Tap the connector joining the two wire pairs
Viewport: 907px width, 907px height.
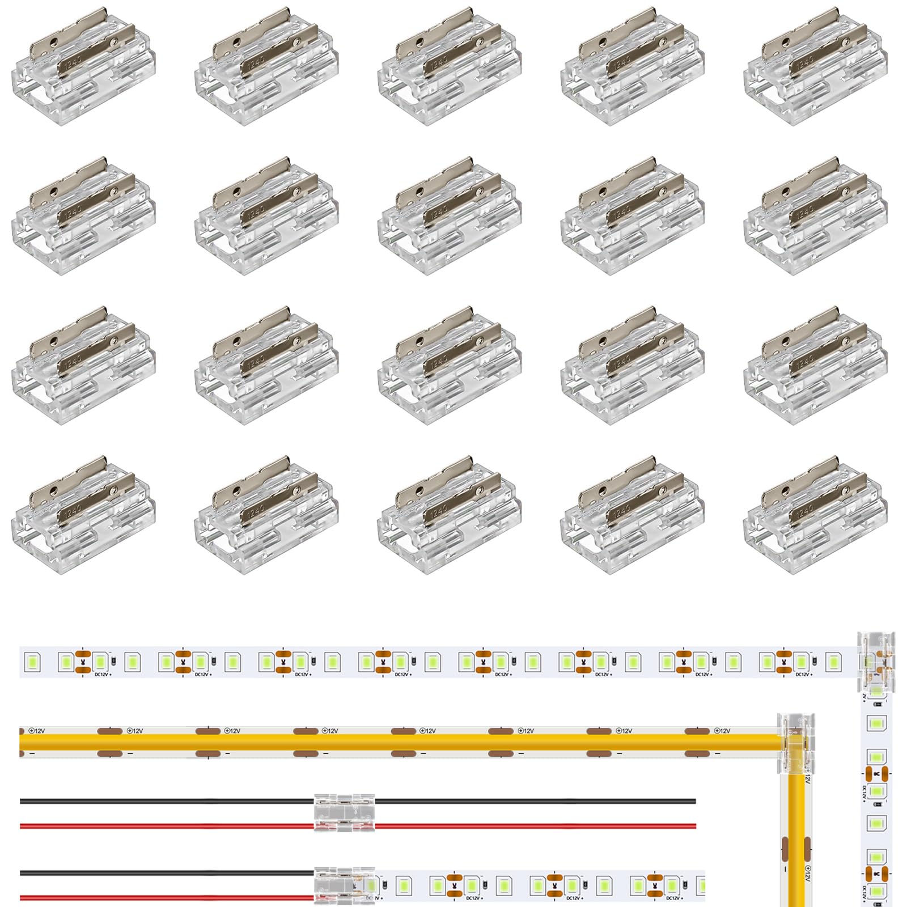tap(345, 813)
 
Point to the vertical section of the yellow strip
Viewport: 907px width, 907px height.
tap(796, 839)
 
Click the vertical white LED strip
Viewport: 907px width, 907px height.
tap(876, 805)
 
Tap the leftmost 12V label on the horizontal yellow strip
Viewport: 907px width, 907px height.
tap(37, 731)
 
